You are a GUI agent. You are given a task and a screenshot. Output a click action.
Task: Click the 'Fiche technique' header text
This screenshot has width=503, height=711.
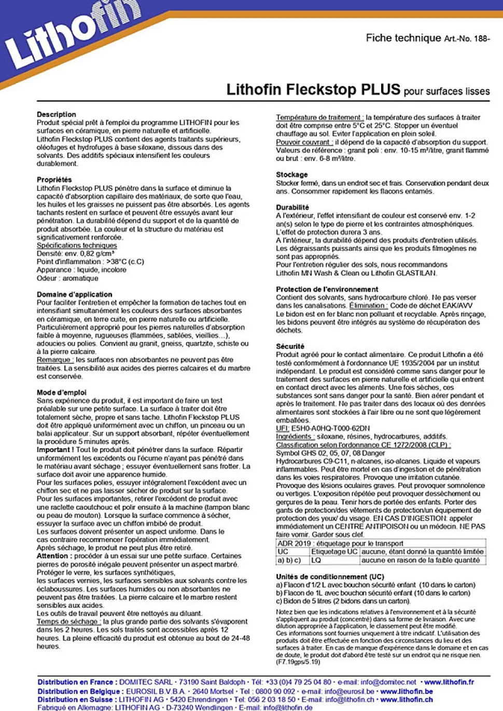pos(403,38)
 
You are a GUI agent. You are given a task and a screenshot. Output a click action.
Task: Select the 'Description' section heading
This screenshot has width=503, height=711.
pos(56,114)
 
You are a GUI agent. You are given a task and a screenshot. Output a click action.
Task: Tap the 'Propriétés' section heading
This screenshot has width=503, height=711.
pos(54,180)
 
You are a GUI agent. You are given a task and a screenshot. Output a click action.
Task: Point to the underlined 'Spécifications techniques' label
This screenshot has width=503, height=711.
pos(77,245)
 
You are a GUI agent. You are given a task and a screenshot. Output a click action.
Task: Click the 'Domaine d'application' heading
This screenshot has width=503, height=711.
pos(74,294)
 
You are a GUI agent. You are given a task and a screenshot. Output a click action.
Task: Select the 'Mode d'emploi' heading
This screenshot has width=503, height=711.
pos(61,392)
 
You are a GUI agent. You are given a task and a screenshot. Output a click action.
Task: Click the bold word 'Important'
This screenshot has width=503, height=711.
pos(53,450)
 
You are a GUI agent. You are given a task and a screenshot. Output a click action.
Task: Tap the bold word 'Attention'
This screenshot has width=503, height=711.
pos(52,556)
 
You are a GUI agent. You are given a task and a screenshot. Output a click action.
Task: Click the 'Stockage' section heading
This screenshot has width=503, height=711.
pos(291,174)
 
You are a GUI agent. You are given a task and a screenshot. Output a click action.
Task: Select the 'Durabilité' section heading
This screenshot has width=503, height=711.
pos(292,207)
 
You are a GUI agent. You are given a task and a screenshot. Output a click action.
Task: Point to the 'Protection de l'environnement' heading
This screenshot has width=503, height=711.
pos(327,289)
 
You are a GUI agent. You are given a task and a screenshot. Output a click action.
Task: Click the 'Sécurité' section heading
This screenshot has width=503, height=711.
pos(290,346)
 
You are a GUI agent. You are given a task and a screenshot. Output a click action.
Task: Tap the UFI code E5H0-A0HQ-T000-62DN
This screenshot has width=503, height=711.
pos(330,428)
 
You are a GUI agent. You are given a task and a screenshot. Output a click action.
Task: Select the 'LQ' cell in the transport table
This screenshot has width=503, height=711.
pos(316,560)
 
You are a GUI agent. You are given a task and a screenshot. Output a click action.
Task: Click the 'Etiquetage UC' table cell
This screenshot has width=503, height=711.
pos(334,552)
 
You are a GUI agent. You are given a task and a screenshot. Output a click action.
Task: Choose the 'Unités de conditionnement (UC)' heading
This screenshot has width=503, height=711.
pos(330,577)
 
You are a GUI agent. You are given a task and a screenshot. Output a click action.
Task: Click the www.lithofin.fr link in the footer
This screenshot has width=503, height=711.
pos(449,682)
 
